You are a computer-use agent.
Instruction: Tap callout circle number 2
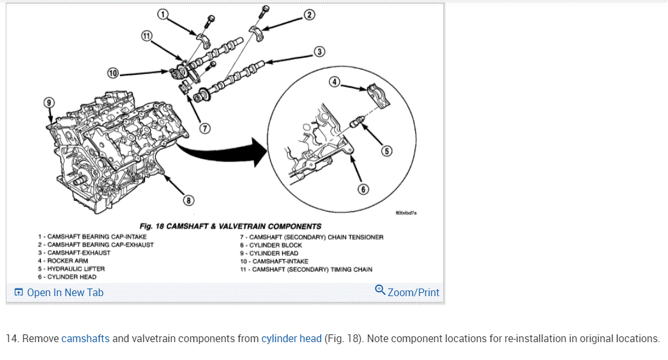click(309, 14)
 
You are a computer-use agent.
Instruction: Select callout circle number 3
click(319, 52)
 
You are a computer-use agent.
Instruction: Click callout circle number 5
click(387, 151)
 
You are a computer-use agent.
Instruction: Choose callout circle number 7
click(205, 127)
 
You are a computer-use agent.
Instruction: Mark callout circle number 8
click(188, 200)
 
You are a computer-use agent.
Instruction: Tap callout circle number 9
click(49, 102)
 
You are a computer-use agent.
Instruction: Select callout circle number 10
click(113, 73)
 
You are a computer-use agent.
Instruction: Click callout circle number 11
click(147, 36)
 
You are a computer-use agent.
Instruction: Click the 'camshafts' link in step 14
click(85, 338)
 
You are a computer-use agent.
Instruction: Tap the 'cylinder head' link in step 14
click(291, 338)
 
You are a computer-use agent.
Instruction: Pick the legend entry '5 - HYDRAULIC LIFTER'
click(71, 269)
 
